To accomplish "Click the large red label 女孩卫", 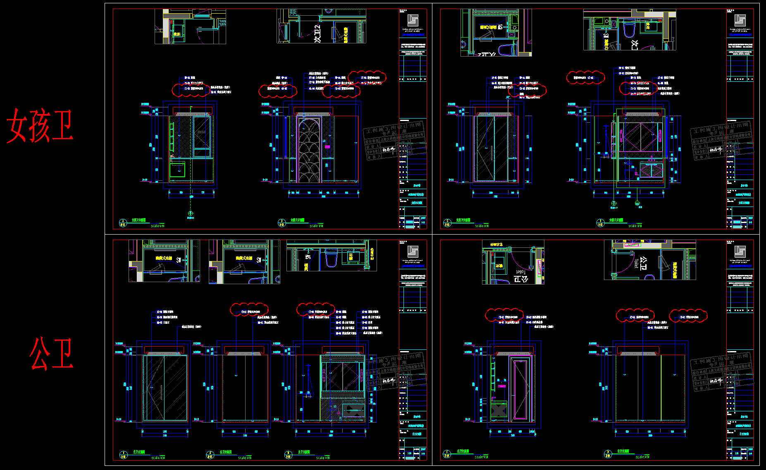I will click(x=40, y=126).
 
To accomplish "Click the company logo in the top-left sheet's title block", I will click(x=413, y=20).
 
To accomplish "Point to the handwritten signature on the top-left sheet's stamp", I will click(x=389, y=150).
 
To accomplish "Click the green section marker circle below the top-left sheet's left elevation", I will click(x=191, y=213).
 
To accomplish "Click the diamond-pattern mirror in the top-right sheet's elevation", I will click(x=640, y=136).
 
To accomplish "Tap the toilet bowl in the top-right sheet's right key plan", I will click(x=629, y=30).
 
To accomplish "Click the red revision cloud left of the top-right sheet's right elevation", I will click(x=585, y=78).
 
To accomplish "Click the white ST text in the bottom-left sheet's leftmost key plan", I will click(x=179, y=260).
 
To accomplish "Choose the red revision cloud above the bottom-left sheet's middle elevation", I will click(x=249, y=310).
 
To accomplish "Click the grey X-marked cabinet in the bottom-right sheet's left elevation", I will click(x=499, y=410).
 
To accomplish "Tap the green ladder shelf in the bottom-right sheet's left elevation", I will click(x=493, y=377).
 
